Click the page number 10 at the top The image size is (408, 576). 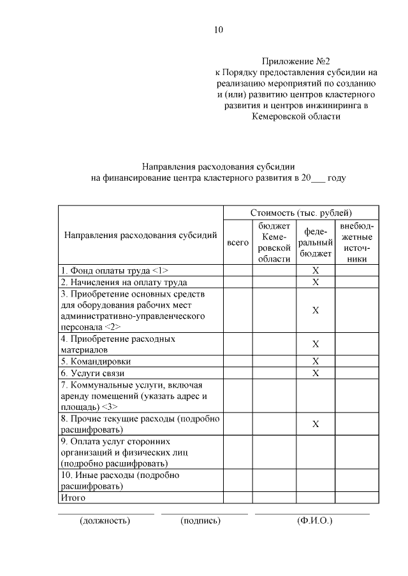tap(219, 29)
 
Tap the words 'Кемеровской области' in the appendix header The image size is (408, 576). tap(296, 116)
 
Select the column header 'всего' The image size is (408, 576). tap(238, 242)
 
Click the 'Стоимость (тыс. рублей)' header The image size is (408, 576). tap(301, 213)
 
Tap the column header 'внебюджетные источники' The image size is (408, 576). tap(357, 242)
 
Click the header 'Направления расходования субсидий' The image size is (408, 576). tap(141, 235)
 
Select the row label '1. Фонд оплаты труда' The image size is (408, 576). tap(114, 270)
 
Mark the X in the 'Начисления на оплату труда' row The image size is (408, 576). tap(316, 282)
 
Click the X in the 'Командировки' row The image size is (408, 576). tap(316, 362)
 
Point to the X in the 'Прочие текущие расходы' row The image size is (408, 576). tap(316, 425)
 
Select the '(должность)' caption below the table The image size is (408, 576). tap(105, 521)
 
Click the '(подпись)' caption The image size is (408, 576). tap(201, 521)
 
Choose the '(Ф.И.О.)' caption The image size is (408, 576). tap(315, 521)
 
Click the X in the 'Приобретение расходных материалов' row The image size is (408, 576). tap(316, 344)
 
